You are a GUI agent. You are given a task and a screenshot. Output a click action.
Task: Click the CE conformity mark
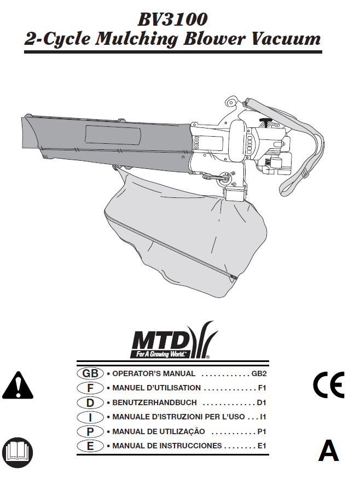328,385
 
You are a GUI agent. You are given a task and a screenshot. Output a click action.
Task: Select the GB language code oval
90,374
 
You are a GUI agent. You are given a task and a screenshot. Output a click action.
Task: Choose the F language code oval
90,388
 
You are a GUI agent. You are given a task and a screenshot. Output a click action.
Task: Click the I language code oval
90,417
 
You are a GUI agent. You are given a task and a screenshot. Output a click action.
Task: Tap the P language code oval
90,431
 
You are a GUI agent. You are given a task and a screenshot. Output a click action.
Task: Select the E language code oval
90,446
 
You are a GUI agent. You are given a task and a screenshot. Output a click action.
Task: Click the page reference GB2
258,374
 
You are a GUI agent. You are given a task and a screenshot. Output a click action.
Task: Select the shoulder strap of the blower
298,159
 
